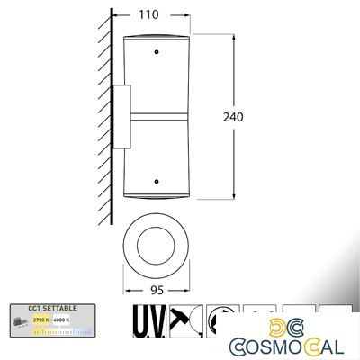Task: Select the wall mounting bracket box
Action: (x=123, y=116)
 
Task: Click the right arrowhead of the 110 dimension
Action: (x=191, y=15)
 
